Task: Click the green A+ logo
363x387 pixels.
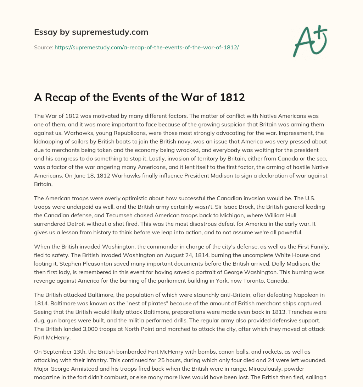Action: click(x=309, y=41)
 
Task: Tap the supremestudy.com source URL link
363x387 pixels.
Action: click(x=146, y=47)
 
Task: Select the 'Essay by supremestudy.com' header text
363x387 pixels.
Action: click(x=91, y=32)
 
